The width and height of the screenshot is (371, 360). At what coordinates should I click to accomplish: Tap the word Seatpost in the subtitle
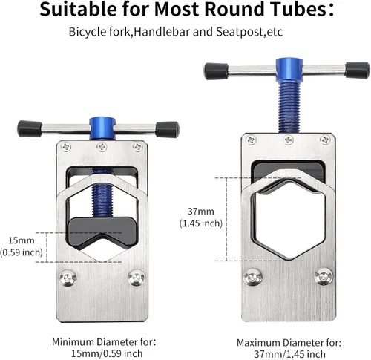coord(239,32)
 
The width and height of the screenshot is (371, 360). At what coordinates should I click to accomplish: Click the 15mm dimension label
coord(22,240)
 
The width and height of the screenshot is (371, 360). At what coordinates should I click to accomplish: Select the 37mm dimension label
coord(201,212)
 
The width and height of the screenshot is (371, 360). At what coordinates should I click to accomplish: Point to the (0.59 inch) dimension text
coord(22,252)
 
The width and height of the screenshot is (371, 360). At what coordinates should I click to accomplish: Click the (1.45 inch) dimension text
coord(201,223)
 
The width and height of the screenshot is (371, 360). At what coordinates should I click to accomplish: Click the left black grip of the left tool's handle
coord(30,128)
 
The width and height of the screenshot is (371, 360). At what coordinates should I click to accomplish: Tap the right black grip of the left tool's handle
coord(167,129)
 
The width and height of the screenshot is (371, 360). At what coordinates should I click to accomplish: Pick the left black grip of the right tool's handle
coord(216,71)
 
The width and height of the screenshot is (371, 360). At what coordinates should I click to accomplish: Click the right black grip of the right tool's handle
coord(357,70)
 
